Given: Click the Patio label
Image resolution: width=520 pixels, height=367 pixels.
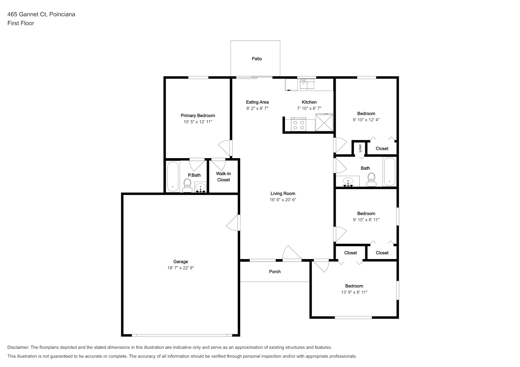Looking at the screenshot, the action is point(257,59).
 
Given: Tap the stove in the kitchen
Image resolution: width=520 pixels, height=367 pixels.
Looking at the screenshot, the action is point(299,125).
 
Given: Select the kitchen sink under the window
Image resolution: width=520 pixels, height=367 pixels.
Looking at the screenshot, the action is point(307,84).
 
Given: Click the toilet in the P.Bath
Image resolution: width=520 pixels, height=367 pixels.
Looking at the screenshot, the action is point(187,186).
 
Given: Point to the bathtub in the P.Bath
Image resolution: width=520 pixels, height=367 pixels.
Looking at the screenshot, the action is point(173,177).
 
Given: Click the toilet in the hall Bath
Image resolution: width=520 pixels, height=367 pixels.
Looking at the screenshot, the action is point(371,179).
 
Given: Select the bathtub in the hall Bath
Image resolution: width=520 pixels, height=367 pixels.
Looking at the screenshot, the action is point(389,172).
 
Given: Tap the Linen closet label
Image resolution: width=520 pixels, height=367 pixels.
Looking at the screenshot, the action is point(360,148).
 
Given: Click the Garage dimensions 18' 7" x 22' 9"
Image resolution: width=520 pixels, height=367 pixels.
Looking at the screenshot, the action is point(181,268).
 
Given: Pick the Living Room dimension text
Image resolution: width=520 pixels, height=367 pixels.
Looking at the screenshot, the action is point(283,200).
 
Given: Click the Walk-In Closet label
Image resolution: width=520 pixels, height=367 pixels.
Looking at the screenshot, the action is point(223,177).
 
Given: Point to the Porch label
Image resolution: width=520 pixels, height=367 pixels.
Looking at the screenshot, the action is point(275,272).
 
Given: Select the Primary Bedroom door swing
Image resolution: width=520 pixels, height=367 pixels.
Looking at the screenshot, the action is point(225,148).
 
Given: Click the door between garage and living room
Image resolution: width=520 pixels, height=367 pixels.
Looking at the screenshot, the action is point(233,223).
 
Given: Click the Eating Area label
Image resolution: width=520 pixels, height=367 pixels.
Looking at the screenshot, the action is point(257,102).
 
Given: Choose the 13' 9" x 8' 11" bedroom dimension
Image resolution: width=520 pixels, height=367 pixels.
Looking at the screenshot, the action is point(354,292).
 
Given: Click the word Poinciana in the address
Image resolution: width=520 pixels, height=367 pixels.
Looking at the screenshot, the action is point(62,14).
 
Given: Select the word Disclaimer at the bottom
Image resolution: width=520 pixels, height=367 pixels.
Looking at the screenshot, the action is point(18,347).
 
